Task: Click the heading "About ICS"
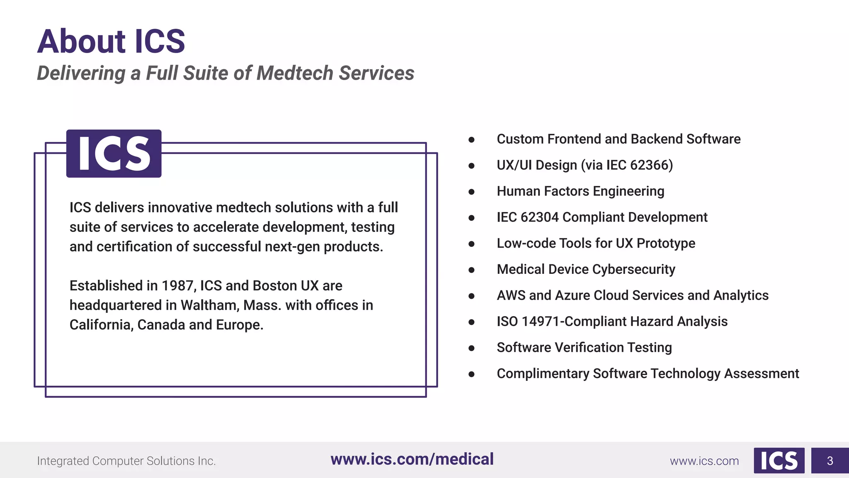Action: [x=111, y=41]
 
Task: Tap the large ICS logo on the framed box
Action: [x=114, y=154]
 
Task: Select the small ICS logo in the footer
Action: [x=779, y=461]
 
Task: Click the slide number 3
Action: [x=830, y=461]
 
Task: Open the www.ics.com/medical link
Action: [x=412, y=459]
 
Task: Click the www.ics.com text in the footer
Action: [x=704, y=461]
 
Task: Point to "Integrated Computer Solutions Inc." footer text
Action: [x=126, y=461]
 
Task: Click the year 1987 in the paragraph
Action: [x=177, y=286]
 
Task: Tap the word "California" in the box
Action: [x=101, y=325]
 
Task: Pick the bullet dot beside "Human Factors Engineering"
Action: [x=471, y=192]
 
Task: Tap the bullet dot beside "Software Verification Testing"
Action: [x=471, y=348]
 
